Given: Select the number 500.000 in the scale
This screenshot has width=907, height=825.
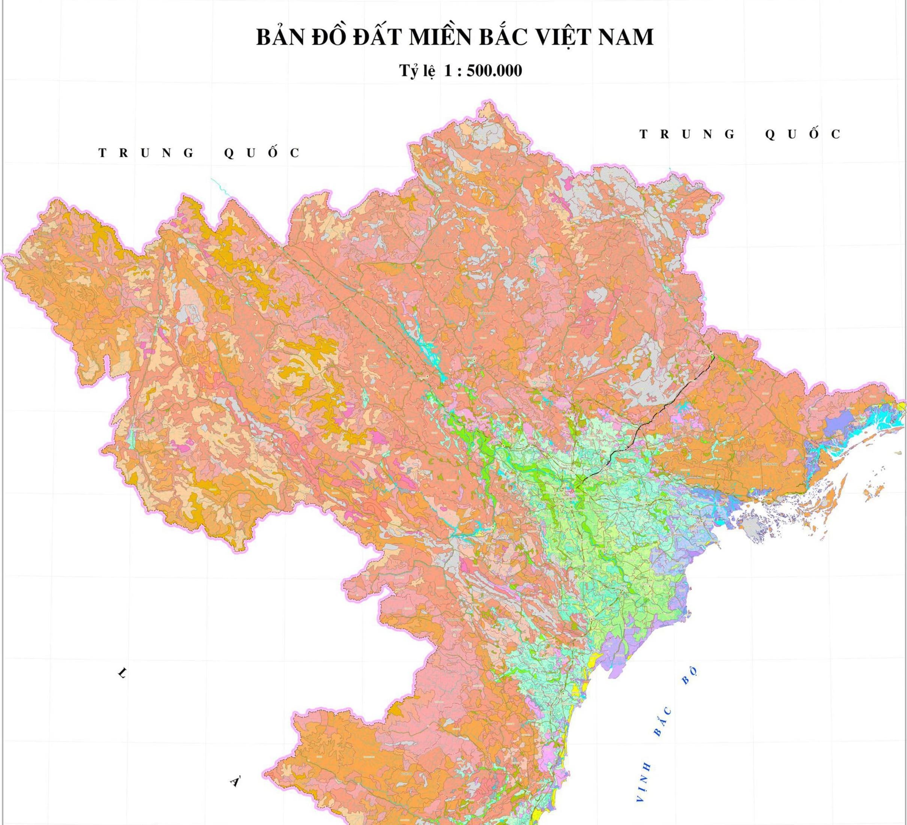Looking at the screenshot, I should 494,71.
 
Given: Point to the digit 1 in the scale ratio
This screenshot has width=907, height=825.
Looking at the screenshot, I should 448,71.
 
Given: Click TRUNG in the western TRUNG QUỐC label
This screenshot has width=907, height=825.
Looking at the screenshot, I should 146,153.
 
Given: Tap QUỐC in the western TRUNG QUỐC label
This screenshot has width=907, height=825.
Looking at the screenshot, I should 262,153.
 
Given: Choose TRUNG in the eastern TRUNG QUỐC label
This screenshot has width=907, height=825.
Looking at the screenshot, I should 687,134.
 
